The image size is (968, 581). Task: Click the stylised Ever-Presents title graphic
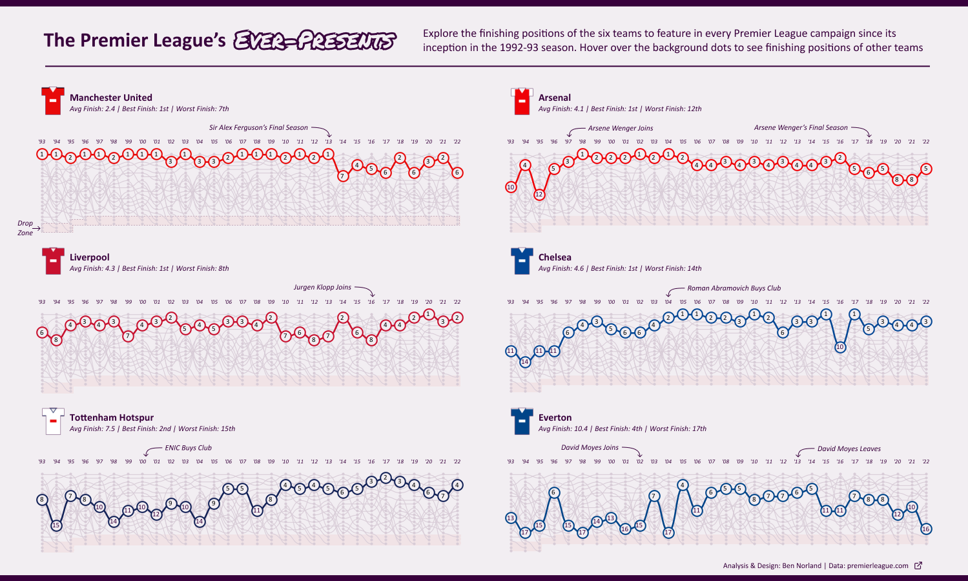(314, 40)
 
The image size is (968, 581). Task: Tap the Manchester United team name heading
(111, 98)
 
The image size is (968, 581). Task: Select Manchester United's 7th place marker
(343, 176)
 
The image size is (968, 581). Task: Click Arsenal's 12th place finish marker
(539, 194)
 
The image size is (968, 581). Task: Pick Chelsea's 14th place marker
(525, 362)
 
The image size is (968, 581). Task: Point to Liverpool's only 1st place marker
(428, 314)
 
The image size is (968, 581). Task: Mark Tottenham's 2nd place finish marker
(386, 478)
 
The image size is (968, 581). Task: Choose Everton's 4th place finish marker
(683, 485)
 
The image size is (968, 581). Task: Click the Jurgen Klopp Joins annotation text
(322, 287)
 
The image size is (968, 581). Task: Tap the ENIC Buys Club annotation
(188, 448)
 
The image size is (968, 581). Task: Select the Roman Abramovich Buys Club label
(734, 288)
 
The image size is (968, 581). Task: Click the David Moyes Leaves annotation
(849, 449)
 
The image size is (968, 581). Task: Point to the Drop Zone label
(25, 228)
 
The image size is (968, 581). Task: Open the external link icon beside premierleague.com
(918, 565)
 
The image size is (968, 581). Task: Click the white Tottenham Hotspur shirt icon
(53, 421)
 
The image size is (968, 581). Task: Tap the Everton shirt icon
(522, 421)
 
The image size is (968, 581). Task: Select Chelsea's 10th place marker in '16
(840, 347)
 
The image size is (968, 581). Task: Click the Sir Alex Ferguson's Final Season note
(258, 127)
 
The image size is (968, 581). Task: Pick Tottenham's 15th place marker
(56, 525)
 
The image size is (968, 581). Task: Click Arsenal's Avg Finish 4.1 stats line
(619, 109)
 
